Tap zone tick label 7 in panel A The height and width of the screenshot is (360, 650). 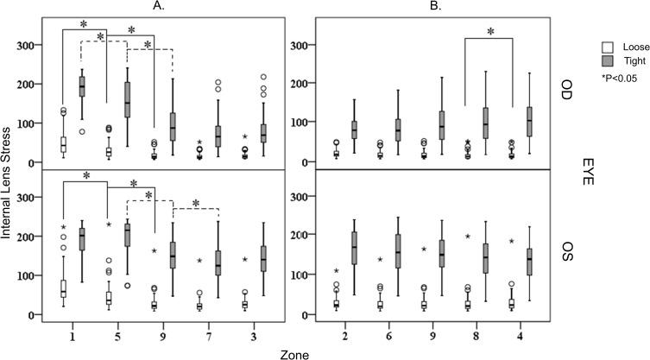point(211,332)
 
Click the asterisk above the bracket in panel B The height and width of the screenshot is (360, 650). point(489,32)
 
